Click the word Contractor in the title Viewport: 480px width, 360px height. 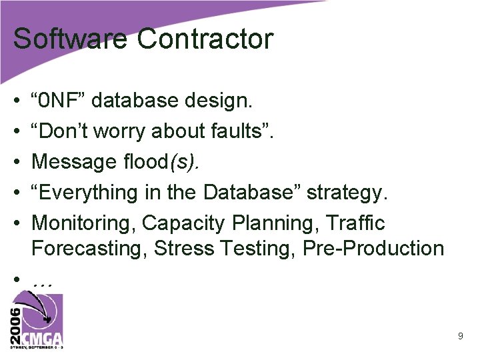tap(205, 39)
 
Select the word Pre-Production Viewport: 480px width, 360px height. tap(373, 248)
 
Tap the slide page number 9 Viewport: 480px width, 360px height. tap(460, 337)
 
